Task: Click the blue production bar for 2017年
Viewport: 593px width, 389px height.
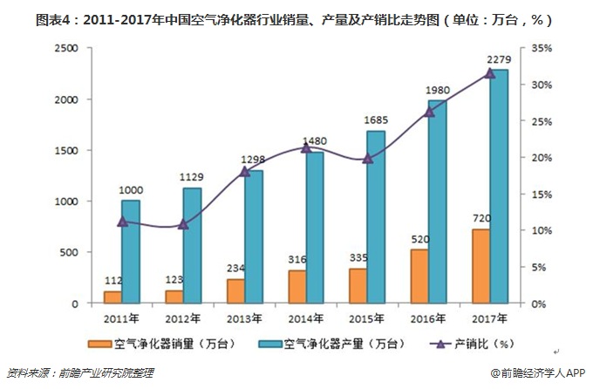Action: point(498,187)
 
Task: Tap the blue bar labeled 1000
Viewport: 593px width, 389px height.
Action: point(131,252)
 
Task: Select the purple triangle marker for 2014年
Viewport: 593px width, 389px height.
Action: point(305,148)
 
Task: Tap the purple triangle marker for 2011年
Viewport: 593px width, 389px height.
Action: point(122,222)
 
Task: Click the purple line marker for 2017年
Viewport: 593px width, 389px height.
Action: point(489,73)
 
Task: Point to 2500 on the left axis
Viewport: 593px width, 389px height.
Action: point(67,49)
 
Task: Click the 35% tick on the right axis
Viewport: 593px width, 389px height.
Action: point(542,49)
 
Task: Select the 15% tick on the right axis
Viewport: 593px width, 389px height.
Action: point(542,194)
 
